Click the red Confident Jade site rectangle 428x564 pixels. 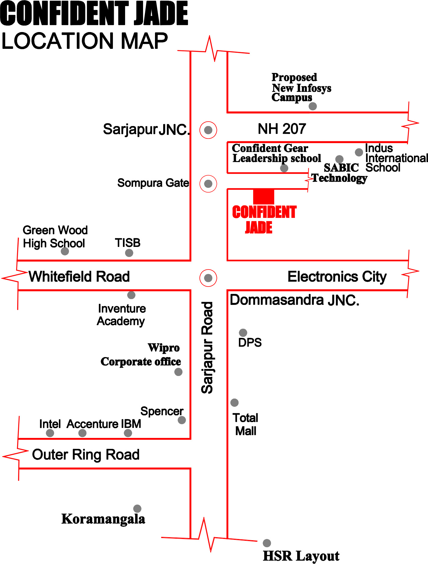coord(264,196)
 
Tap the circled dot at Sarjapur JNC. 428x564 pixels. coord(208,130)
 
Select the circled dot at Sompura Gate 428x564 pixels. coord(208,184)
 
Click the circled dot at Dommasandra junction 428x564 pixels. coord(208,278)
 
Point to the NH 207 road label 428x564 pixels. coord(282,129)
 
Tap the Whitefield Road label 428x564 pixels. coord(79,277)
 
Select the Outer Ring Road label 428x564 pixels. coord(86,454)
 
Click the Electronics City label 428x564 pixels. coord(337,277)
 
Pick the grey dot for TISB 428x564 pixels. coord(129,253)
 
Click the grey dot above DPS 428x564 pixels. coord(243,332)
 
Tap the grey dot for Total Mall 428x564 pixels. coord(234,403)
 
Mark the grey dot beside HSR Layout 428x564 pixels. coord(267,543)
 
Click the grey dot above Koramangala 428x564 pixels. coord(137,508)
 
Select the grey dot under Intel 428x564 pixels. coord(50,433)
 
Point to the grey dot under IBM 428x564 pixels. coord(128,433)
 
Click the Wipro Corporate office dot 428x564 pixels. coord(178,372)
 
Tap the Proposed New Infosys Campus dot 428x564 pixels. coord(312,106)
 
